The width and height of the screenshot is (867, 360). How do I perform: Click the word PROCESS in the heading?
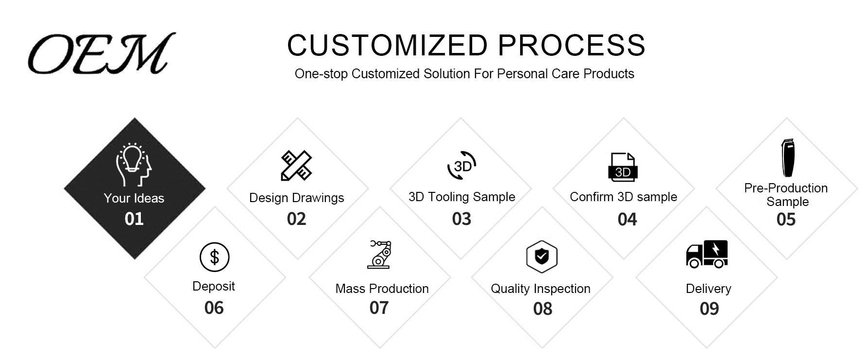[x=572, y=45]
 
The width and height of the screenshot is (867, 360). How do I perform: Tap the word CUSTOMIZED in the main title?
[x=387, y=45]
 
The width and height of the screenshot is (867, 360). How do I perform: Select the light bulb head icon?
[x=133, y=165]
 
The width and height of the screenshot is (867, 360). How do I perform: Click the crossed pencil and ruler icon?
[x=296, y=165]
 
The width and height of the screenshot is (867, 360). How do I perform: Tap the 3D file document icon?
[x=623, y=167]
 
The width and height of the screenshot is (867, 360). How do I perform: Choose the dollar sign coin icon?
[x=214, y=257]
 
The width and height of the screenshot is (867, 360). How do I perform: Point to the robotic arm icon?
[x=379, y=254]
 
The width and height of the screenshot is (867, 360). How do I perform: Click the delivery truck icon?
[x=707, y=254]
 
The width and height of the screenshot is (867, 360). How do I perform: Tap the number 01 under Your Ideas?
[x=134, y=219]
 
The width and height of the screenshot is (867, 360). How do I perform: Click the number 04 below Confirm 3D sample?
[x=627, y=220]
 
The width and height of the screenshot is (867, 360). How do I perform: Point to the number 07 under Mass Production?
[x=379, y=308]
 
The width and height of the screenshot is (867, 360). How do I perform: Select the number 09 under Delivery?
[x=709, y=309]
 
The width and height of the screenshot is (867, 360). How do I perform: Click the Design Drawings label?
[x=296, y=198]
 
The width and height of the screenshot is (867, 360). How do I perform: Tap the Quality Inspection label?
[x=541, y=289]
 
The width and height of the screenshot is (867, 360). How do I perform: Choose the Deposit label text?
[x=213, y=286]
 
